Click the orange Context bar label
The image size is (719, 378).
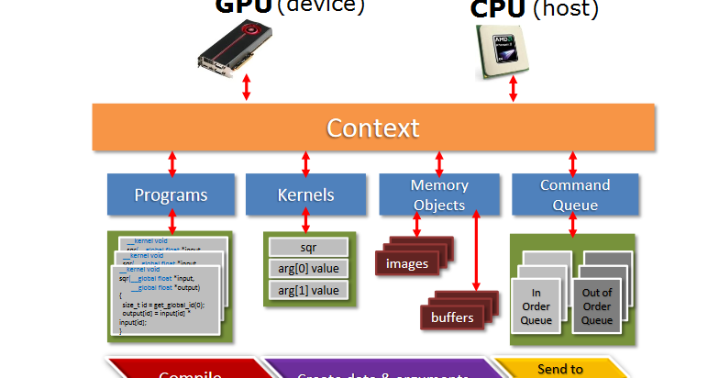[373, 128]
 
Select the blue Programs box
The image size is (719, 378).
[171, 195]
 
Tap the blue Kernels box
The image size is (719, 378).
[305, 195]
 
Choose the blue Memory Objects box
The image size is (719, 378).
[439, 195]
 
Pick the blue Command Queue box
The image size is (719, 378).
[574, 195]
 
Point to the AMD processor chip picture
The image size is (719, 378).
[502, 50]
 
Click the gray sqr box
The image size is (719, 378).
[307, 248]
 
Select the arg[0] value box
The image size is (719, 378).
[307, 269]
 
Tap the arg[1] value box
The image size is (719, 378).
[307, 291]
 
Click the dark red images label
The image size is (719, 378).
[406, 263]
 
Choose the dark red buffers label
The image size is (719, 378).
[452, 317]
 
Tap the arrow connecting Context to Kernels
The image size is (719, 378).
[305, 162]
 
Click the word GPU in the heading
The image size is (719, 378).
[242, 6]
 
